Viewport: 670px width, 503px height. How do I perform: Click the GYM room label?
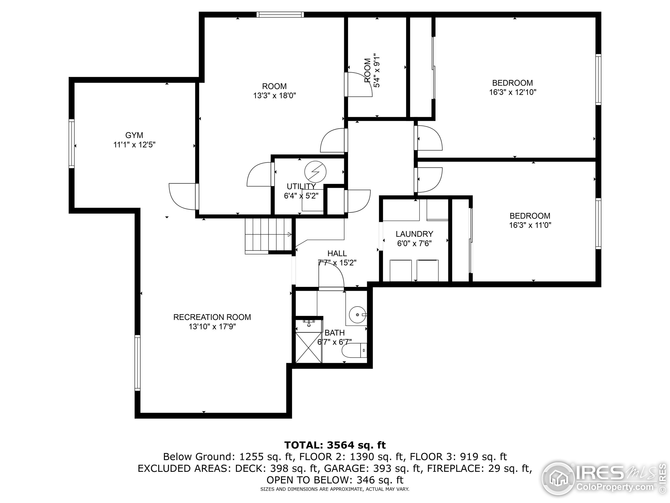pos(134,135)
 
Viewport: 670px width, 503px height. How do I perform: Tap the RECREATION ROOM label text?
pos(212,317)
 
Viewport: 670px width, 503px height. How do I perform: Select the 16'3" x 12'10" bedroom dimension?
pos(512,92)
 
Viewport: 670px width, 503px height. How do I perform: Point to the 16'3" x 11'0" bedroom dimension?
pos(530,225)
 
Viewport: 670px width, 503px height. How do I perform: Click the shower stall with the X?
pos(308,347)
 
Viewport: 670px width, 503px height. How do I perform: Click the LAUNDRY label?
pos(414,234)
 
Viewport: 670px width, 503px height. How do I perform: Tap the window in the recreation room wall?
pos(137,363)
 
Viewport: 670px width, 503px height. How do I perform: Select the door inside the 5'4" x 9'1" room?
pos(359,85)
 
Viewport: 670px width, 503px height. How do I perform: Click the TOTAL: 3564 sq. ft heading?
pos(335,445)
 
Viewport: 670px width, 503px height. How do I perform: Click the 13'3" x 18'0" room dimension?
pos(275,96)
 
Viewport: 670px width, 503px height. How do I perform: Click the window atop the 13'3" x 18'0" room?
pos(280,15)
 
